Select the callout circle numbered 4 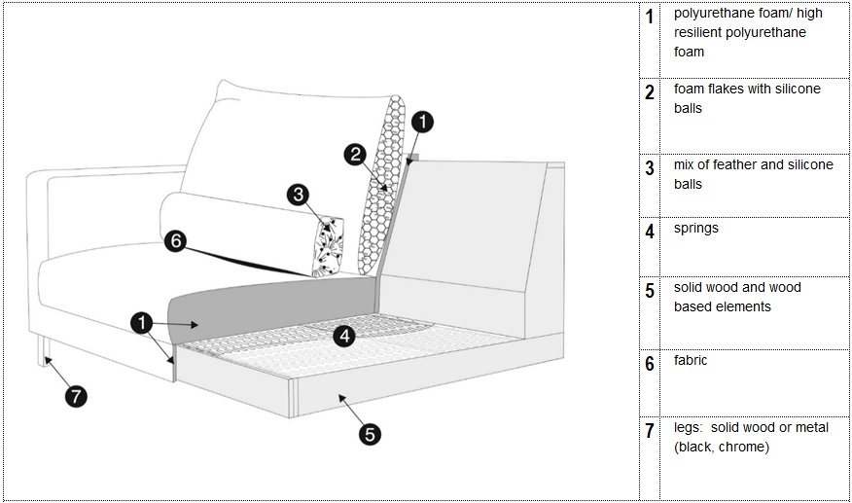(x=343, y=336)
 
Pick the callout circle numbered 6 (x=175, y=240)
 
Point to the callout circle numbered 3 (x=299, y=195)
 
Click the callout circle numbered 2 (x=356, y=154)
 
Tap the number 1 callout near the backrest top (x=422, y=122)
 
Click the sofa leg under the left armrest (x=42, y=351)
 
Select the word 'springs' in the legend (x=696, y=229)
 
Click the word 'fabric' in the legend (x=691, y=360)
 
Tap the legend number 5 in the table (x=649, y=291)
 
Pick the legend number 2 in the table (x=649, y=93)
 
